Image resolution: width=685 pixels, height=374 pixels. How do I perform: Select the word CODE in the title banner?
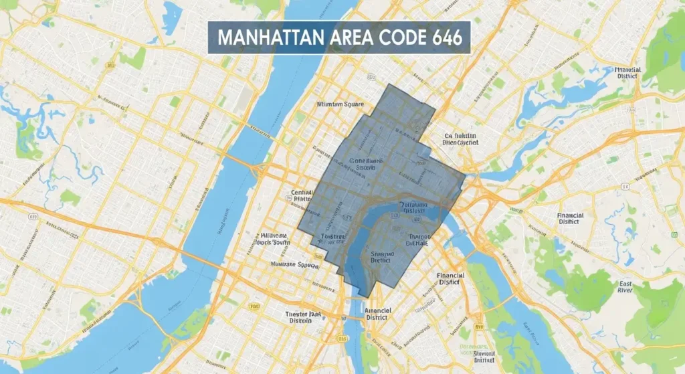(x=395, y=37)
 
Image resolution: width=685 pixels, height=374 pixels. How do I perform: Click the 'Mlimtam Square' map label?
(x=340, y=104)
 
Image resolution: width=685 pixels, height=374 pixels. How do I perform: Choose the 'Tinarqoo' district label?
(x=414, y=240)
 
